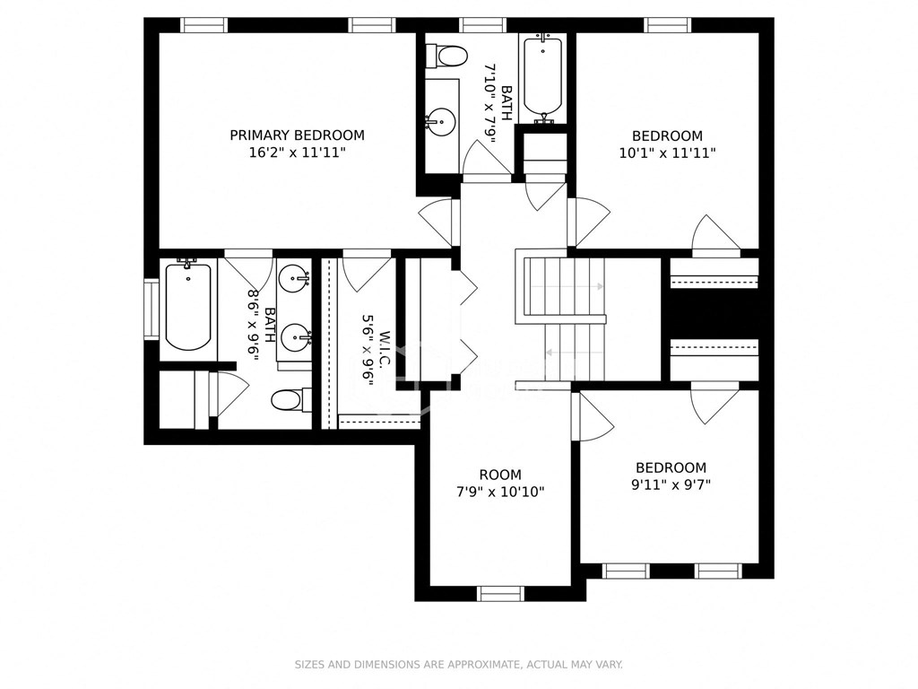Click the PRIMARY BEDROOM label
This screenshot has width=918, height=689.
tap(297, 135)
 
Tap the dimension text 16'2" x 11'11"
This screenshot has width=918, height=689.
tap(297, 153)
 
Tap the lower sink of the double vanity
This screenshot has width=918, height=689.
tap(295, 338)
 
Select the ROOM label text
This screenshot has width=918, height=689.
tap(499, 475)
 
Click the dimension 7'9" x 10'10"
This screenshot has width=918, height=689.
tap(499, 492)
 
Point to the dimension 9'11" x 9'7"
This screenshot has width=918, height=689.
tap(671, 485)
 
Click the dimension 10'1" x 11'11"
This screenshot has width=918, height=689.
tap(667, 153)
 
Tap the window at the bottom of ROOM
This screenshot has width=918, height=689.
tap(500, 593)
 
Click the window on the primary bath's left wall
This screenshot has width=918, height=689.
tap(151, 310)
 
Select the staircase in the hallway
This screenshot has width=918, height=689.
tap(563, 318)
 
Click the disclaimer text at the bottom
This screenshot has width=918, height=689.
tap(459, 665)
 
